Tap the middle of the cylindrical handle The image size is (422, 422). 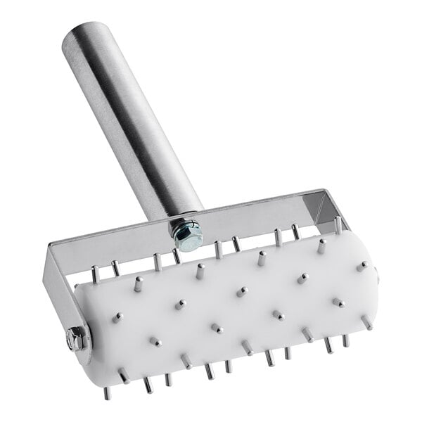coord(134,120)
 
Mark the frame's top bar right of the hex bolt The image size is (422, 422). coord(260,214)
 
